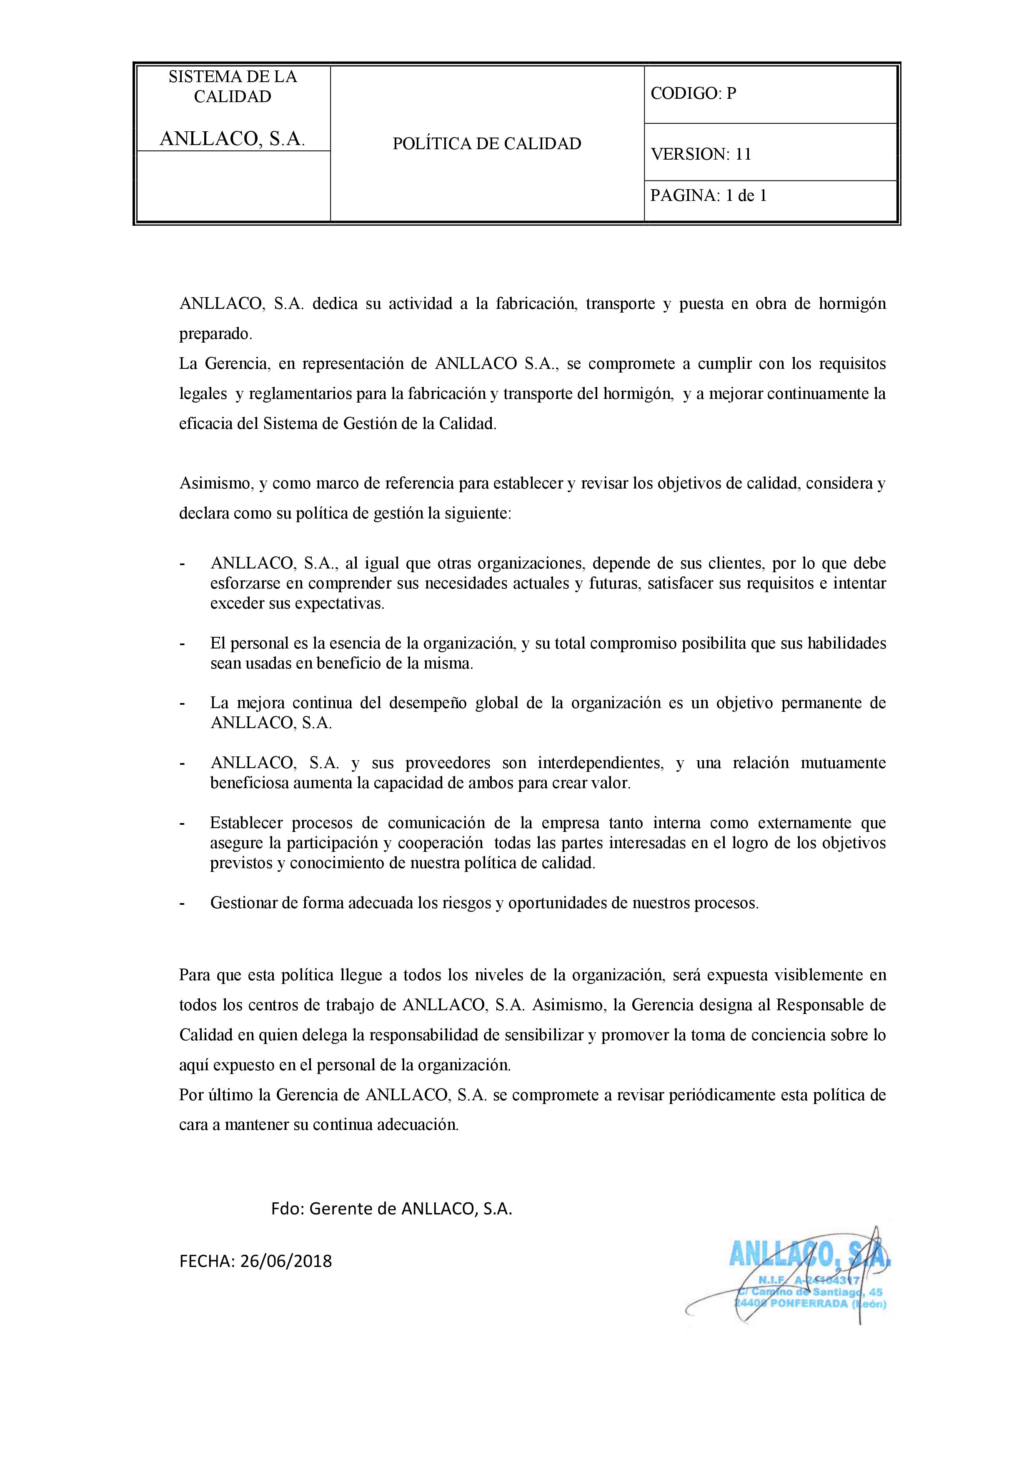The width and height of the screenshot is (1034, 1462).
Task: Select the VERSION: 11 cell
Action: (x=700, y=154)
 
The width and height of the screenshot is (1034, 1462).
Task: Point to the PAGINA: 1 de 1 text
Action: (x=708, y=195)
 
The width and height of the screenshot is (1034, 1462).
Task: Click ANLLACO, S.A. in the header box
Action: (x=233, y=139)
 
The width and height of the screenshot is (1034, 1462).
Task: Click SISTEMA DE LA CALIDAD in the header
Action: (x=233, y=87)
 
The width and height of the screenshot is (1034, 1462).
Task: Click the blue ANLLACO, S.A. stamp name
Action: (x=809, y=1256)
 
